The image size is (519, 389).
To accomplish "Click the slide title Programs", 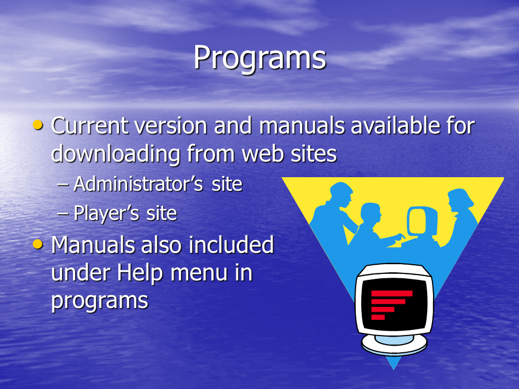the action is (x=260, y=58).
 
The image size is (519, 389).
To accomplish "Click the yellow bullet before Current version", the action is (x=38, y=125).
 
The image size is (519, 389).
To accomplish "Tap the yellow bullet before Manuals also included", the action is (x=38, y=244).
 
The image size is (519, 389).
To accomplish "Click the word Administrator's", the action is (x=138, y=184).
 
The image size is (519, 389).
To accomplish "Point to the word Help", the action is (x=140, y=274).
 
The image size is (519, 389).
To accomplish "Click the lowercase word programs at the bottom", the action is (x=99, y=301).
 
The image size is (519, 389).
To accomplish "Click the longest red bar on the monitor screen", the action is (x=392, y=293).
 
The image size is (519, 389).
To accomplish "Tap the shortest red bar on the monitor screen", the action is (x=378, y=317).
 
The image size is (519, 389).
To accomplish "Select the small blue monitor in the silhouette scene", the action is (x=422, y=221).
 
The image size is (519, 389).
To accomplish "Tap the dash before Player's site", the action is (x=63, y=214).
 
